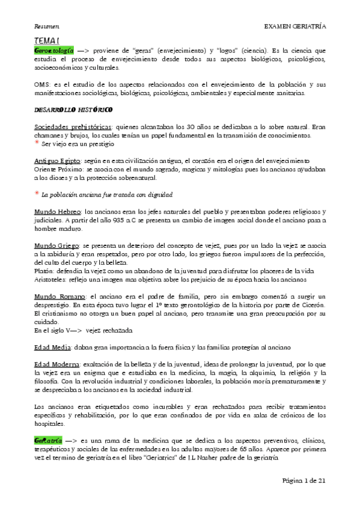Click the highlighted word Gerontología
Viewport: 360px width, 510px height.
tap(54, 51)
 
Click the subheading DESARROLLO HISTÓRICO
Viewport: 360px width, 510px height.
tap(73, 111)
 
